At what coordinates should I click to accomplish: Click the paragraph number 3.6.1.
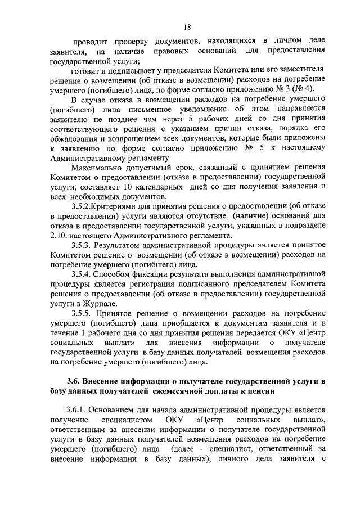(77, 411)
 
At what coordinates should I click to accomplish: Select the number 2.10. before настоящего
(58, 235)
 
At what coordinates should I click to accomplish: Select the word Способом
(115, 274)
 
